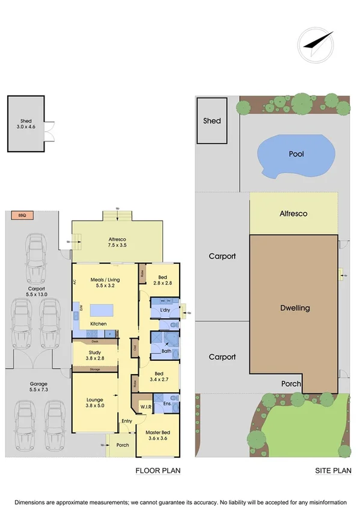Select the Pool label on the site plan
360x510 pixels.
[296, 154]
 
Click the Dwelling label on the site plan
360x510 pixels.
[294, 308]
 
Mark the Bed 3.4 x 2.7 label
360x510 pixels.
[163, 376]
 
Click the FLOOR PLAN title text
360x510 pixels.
[157, 470]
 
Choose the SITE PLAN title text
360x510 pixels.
[332, 470]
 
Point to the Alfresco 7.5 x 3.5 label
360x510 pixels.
[117, 242]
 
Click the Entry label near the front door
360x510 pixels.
[127, 421]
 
